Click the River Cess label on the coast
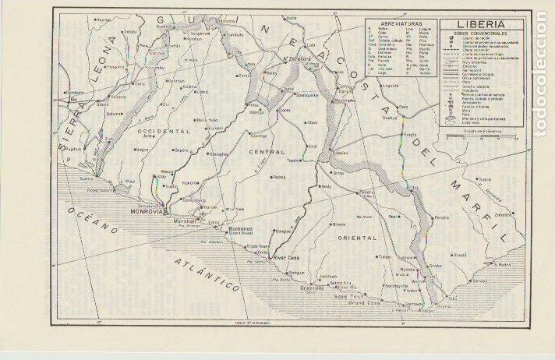pyautogui.click(x=285, y=256)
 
